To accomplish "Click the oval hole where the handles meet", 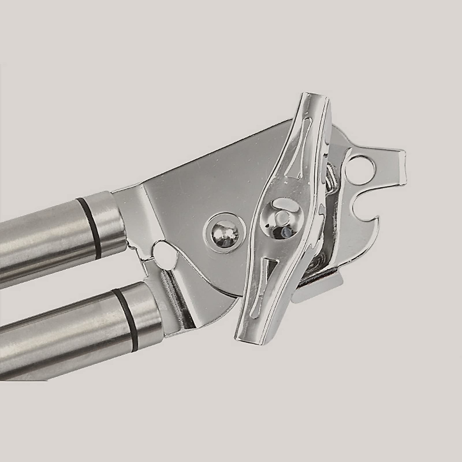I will click(x=163, y=252).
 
